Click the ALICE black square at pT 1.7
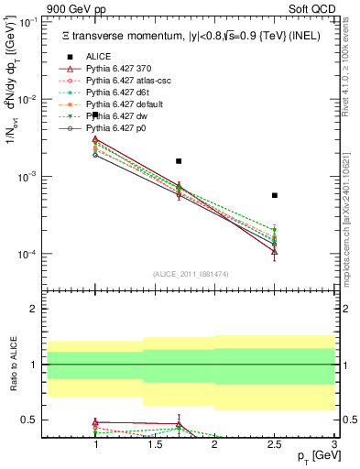179,161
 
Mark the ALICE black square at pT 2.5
275,195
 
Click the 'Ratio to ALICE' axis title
12,365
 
